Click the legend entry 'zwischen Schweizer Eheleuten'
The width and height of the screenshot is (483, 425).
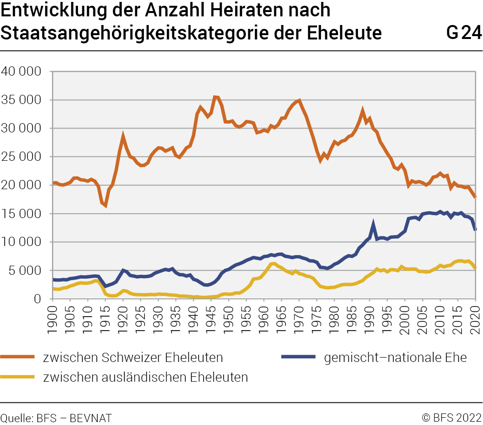[133, 357]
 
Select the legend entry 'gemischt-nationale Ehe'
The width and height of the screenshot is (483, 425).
[395, 357]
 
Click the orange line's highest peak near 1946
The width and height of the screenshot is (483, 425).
[215, 97]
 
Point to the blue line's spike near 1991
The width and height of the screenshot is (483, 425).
[373, 223]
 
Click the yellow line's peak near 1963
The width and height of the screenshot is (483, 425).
[274, 263]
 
